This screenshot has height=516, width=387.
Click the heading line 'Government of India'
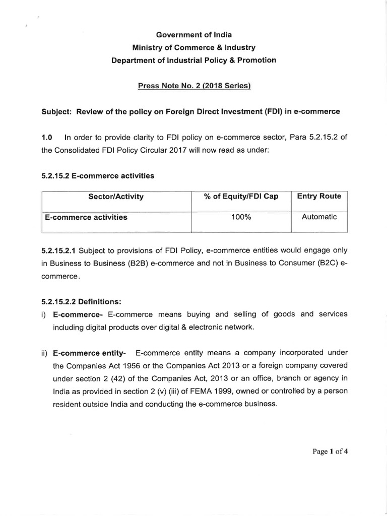pos(194,35)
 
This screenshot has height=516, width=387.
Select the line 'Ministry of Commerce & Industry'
pos(194,47)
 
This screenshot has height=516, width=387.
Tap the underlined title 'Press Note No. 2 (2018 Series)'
pos(194,85)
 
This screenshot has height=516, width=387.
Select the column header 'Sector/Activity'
pos(115,197)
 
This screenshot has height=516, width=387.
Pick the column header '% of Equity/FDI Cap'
pos(241,197)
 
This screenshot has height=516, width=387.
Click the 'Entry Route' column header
pos(319,196)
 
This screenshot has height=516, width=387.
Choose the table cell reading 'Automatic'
pos(319,217)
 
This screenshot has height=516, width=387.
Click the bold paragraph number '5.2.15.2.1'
pos(59,250)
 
